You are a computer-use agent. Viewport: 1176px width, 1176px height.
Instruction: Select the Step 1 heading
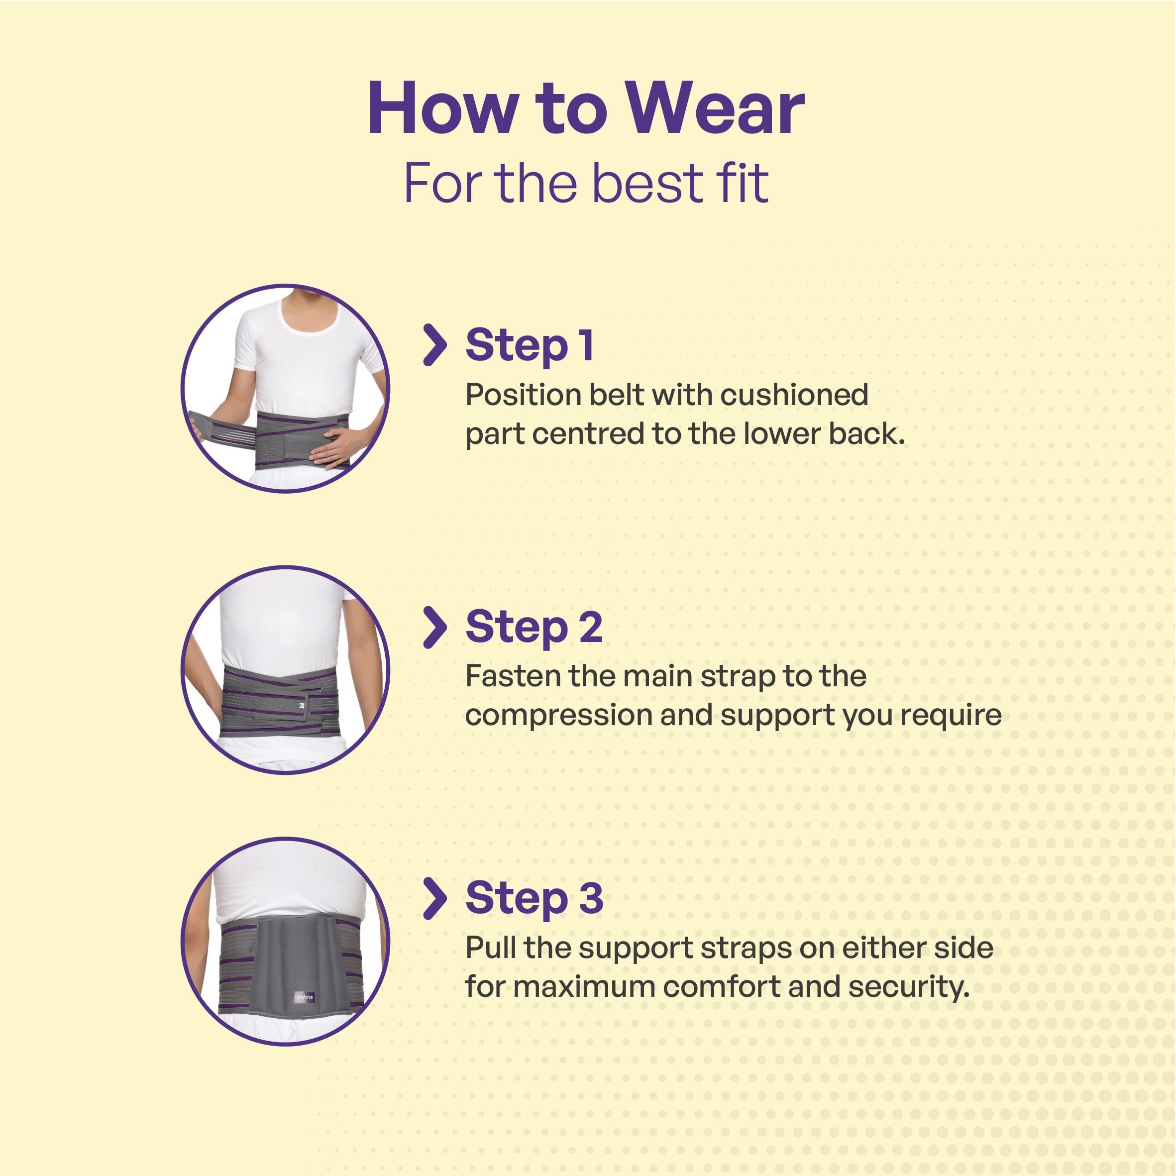529,345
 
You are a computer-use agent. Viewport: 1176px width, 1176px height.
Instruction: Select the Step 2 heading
534,627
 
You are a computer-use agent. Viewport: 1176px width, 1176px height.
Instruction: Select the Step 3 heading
534,898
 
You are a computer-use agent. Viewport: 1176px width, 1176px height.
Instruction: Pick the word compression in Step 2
557,715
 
